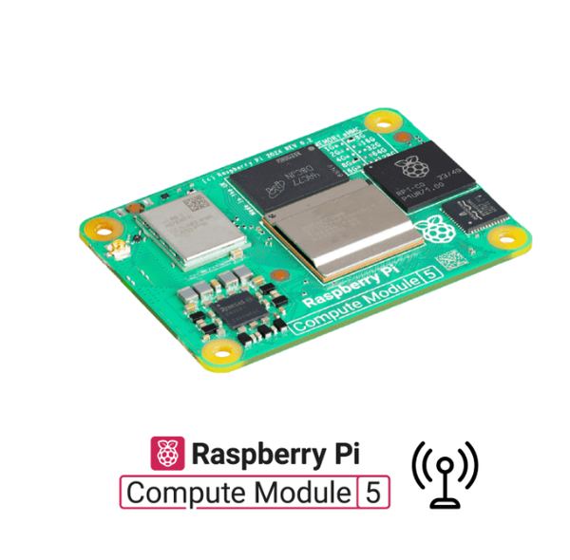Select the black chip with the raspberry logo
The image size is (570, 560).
414,176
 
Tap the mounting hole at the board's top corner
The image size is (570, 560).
387,122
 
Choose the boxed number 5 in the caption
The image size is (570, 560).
373,494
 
